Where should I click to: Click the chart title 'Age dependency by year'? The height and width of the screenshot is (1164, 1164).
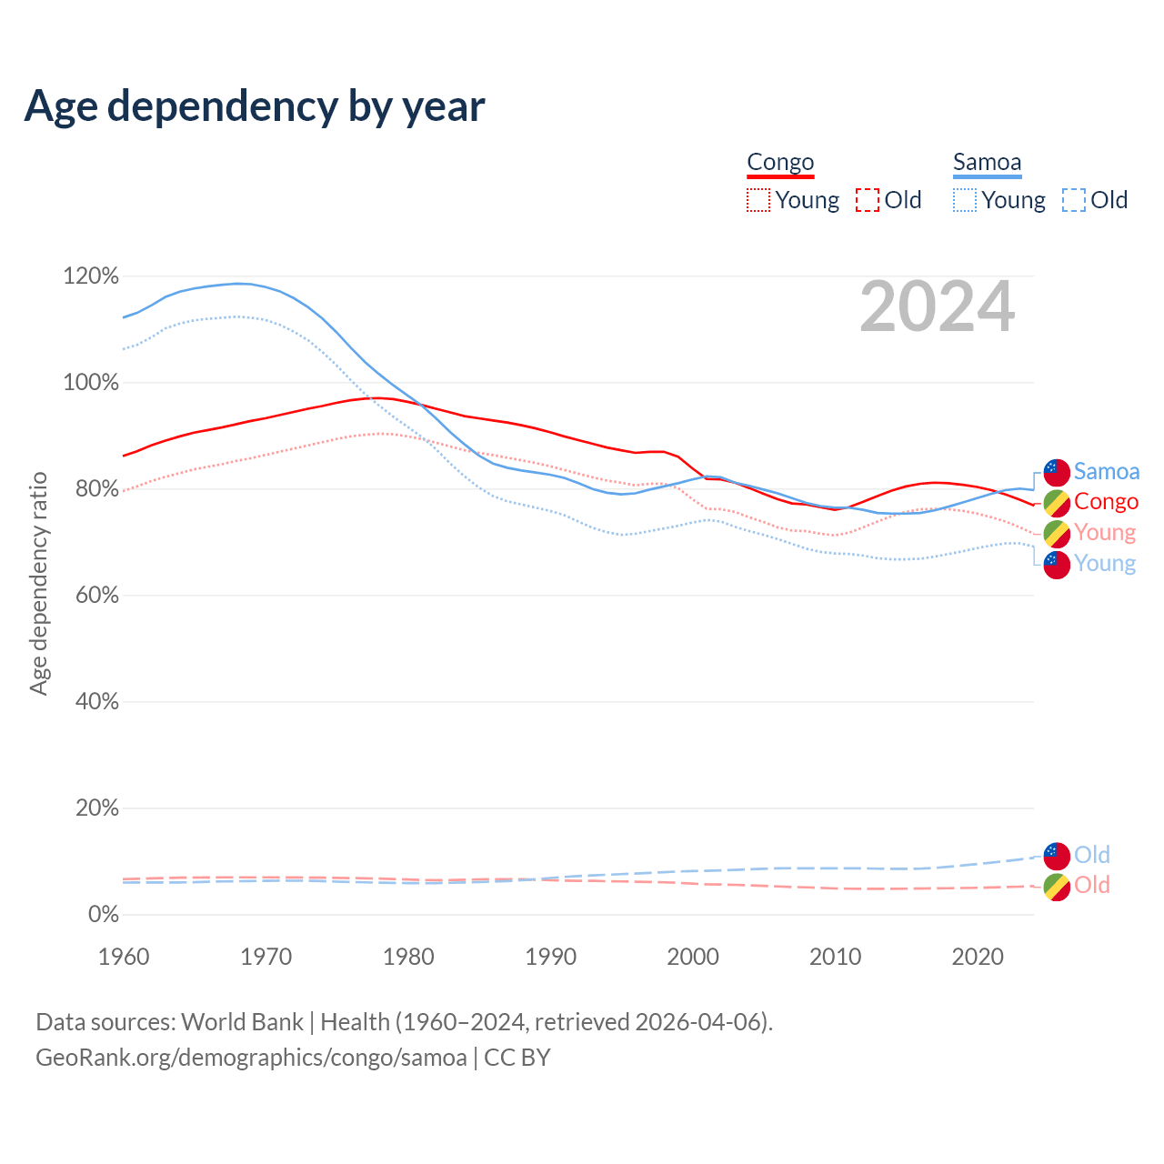(x=255, y=106)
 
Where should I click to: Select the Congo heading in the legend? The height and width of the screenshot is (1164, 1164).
(x=780, y=163)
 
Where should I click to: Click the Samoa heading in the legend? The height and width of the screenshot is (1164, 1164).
(x=987, y=163)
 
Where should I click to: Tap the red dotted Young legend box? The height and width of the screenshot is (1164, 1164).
(x=758, y=200)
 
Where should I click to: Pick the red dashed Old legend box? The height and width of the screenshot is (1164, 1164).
(x=868, y=200)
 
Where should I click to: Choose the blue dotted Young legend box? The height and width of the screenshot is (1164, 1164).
(x=964, y=200)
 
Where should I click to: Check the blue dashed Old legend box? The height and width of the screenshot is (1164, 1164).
(x=1074, y=200)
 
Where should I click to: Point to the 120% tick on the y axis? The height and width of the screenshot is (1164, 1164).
(x=91, y=276)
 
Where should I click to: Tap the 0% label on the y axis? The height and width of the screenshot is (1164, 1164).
(x=103, y=914)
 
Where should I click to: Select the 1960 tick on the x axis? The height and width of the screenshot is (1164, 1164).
(x=124, y=957)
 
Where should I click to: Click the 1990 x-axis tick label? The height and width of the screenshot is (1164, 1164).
(x=551, y=957)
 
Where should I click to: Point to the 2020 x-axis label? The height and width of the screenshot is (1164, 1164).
(x=978, y=957)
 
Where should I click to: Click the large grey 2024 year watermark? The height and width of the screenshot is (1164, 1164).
(x=937, y=307)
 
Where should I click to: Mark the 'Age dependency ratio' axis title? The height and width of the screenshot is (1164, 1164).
(x=38, y=583)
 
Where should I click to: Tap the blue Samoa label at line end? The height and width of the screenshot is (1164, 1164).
(x=1106, y=471)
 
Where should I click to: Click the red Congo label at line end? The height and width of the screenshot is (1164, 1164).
(x=1106, y=501)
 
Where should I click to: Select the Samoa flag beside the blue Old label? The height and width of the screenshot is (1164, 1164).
(x=1057, y=856)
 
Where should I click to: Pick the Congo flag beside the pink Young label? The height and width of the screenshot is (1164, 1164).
(x=1057, y=534)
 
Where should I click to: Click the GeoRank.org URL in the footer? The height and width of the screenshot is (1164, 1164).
(x=251, y=1058)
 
